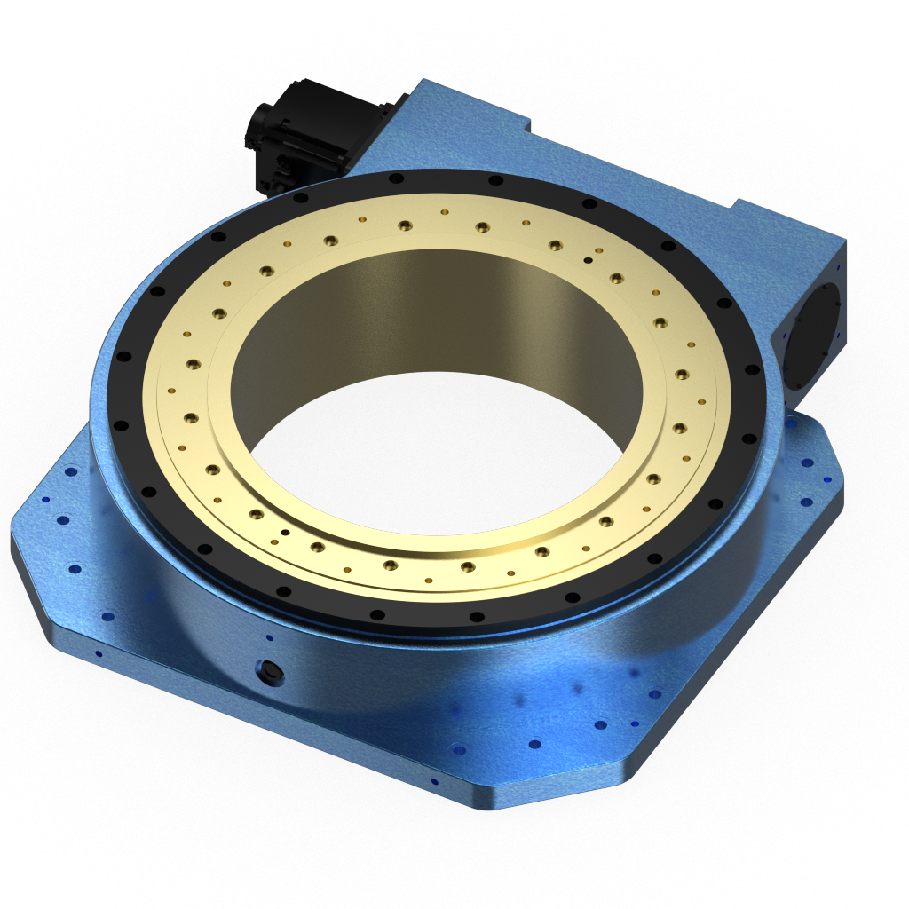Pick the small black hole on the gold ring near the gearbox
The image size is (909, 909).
588,260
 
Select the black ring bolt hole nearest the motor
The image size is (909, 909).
301,198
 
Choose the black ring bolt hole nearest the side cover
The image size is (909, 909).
752,369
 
